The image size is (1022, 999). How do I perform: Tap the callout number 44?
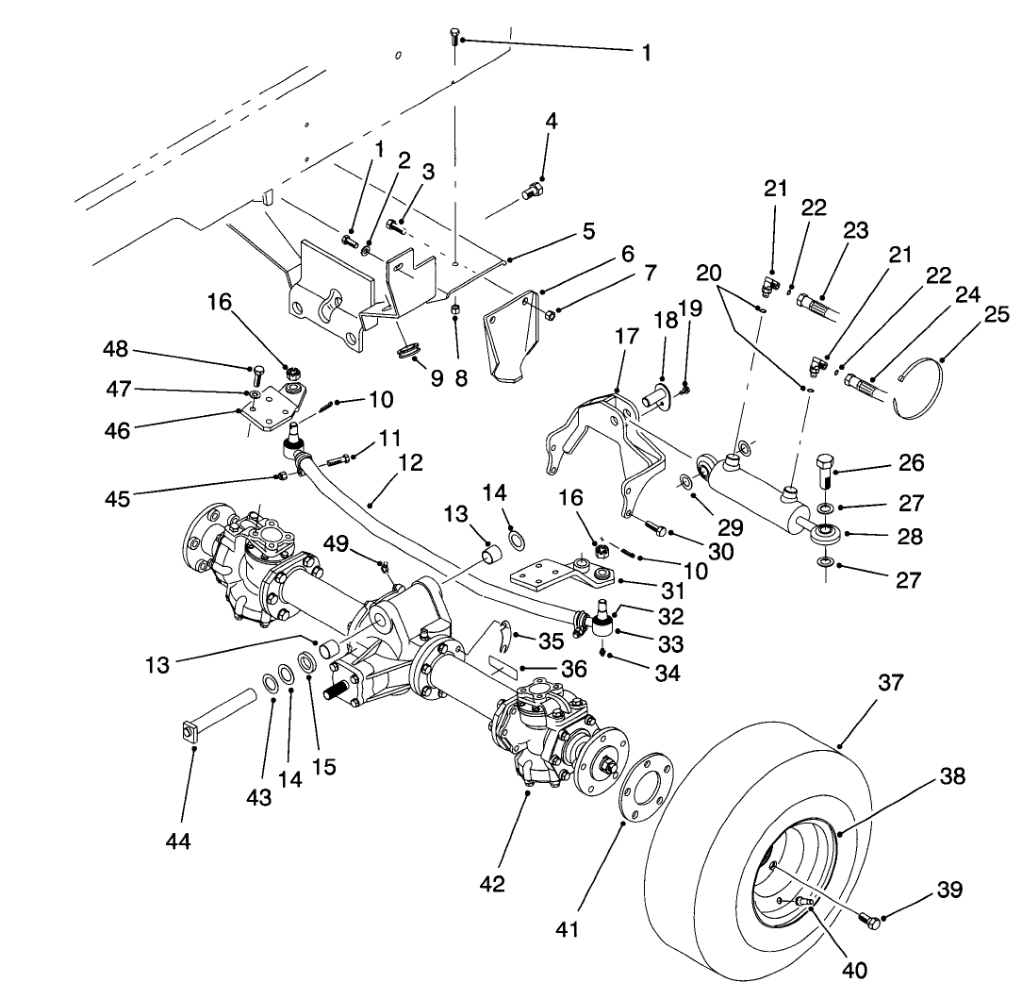click(x=177, y=841)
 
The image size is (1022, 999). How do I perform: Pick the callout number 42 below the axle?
click(x=492, y=884)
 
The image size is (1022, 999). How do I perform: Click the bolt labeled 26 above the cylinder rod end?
click(x=825, y=471)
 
